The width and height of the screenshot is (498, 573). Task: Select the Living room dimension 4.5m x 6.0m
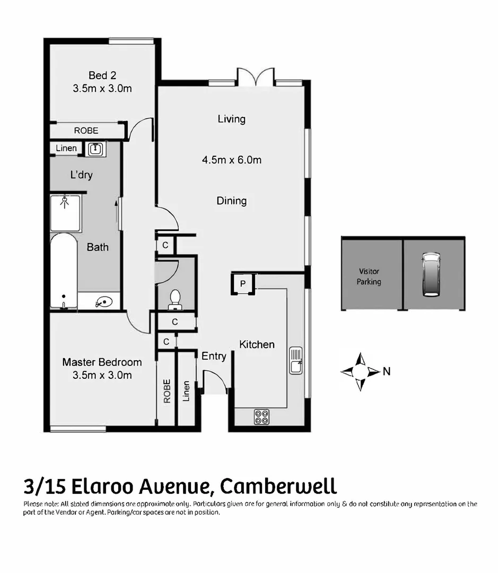(x=231, y=160)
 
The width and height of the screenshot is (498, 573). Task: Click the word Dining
(x=231, y=201)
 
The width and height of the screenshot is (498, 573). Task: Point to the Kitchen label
(x=257, y=345)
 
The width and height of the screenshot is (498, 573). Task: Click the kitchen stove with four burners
(x=261, y=416)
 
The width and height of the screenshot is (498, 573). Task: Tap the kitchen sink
(x=296, y=361)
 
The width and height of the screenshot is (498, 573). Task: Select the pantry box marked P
(x=243, y=284)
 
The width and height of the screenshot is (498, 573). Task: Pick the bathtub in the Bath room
(x=64, y=271)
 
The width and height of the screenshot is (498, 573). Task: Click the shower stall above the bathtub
(x=65, y=213)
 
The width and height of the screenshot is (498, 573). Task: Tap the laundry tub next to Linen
(x=95, y=149)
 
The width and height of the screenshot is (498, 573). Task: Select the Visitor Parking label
(x=369, y=276)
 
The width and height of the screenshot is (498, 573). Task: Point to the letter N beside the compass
(x=387, y=372)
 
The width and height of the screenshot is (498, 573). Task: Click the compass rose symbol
(x=360, y=371)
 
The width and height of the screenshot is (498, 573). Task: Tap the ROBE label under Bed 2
(x=86, y=131)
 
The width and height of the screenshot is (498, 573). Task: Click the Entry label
(x=214, y=357)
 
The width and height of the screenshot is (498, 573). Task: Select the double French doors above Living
(x=256, y=77)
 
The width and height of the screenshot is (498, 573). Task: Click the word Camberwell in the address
(x=278, y=485)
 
